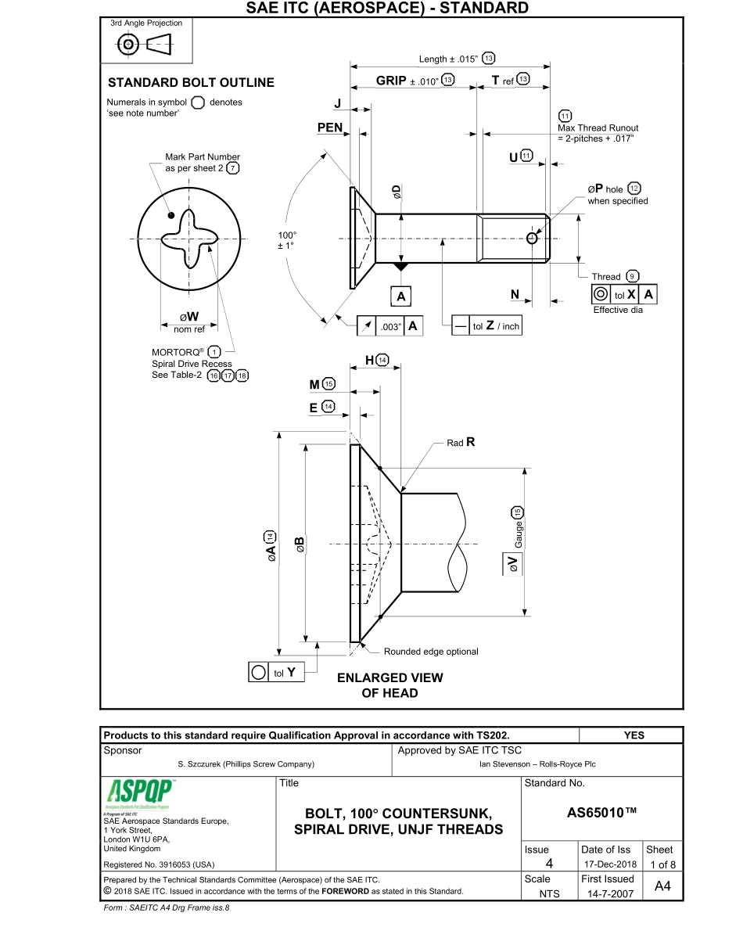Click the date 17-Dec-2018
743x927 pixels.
[608, 865]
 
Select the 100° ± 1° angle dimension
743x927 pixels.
[287, 240]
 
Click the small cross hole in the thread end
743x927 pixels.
[533, 238]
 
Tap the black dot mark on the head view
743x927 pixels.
[170, 215]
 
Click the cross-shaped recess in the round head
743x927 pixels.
[188, 239]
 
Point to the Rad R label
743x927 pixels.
[461, 443]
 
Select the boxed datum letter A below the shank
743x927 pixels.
[401, 296]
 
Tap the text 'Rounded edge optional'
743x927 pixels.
[430, 652]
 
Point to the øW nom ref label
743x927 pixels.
[189, 322]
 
